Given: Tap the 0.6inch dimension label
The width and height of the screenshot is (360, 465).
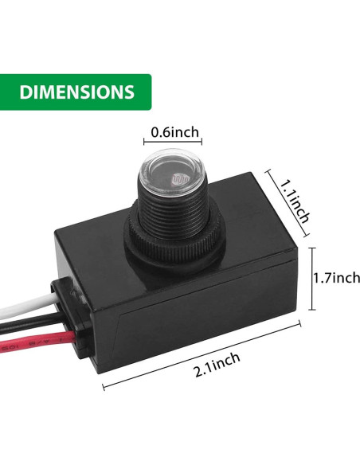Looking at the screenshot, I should click(x=176, y=132).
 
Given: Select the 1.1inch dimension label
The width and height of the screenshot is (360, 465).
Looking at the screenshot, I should click(x=288, y=200).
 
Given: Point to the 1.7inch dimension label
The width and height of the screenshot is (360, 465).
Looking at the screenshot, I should click(x=335, y=278).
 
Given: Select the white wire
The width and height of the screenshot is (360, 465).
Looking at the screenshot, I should click(x=24, y=303).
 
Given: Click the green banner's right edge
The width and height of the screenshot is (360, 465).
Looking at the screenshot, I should click(x=149, y=92).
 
